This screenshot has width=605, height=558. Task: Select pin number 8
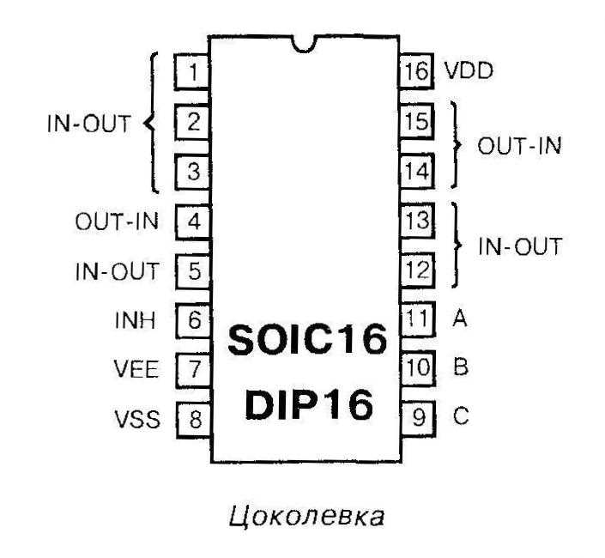[194, 419]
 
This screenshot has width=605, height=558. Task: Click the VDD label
[469, 72]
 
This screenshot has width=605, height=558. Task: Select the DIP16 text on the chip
[306, 403]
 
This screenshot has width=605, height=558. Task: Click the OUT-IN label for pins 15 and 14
[519, 145]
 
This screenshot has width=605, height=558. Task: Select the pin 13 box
[416, 221]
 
